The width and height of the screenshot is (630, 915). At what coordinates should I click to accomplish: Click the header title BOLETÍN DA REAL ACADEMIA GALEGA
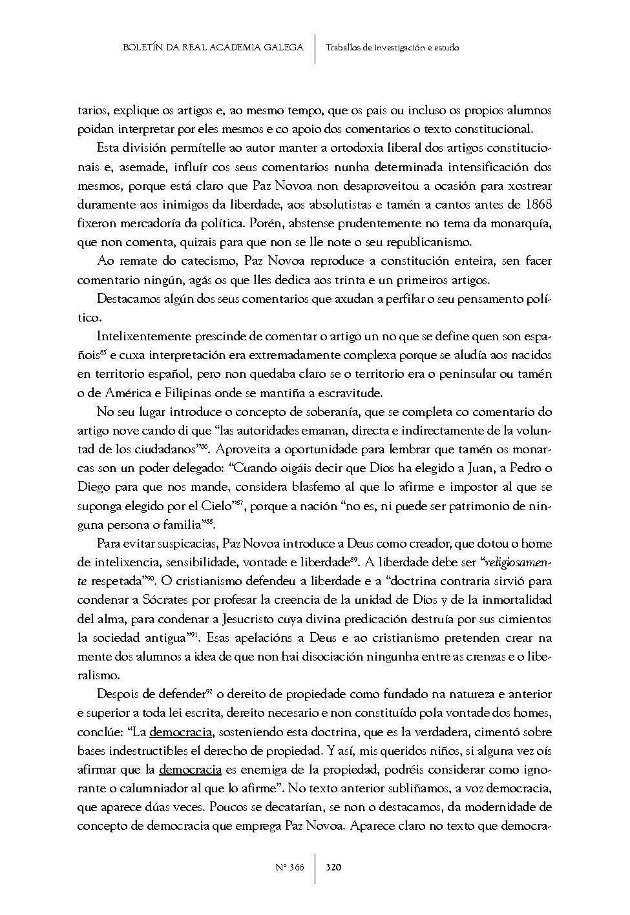(213, 48)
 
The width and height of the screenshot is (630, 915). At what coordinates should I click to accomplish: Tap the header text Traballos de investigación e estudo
(392, 48)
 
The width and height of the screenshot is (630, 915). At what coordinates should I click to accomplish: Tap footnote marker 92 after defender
(209, 692)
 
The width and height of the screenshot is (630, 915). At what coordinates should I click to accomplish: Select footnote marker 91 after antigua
(192, 635)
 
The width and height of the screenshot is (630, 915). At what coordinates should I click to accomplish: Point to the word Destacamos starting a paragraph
(127, 299)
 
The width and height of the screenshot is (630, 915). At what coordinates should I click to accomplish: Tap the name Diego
(91, 487)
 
